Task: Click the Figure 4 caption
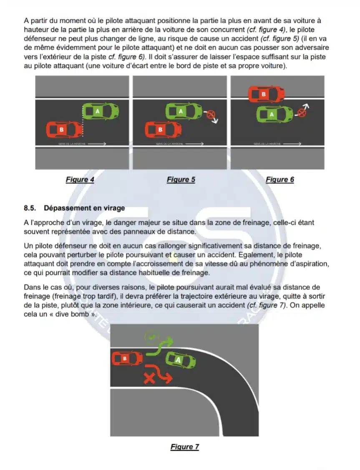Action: click(x=80, y=180)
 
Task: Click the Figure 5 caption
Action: click(x=181, y=180)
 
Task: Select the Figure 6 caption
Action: click(x=279, y=180)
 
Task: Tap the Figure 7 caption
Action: click(x=184, y=447)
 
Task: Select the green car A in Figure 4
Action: click(x=100, y=111)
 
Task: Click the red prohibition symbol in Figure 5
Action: click(x=211, y=113)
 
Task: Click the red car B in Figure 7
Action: click(x=127, y=358)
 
